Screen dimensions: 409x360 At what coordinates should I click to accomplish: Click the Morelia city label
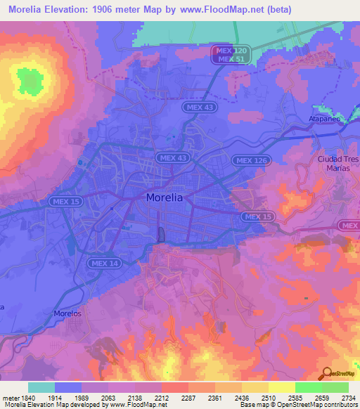[165, 198]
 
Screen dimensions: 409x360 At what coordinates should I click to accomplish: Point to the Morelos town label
[68, 313]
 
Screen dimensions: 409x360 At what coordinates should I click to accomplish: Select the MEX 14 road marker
[105, 263]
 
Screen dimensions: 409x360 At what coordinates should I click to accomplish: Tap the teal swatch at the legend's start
[41, 387]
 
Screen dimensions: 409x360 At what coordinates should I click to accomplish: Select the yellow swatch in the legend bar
[282, 387]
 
